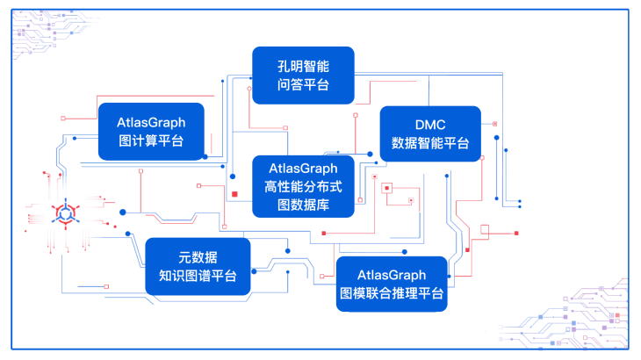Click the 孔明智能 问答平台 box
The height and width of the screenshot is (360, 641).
(303, 75)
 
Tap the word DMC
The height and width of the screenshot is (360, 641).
(430, 125)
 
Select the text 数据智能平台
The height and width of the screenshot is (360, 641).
(430, 143)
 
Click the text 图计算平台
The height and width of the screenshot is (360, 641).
(151, 141)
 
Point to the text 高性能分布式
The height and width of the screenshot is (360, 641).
(303, 186)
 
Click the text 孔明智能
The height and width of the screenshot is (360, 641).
(303, 65)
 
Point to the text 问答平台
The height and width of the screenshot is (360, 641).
(303, 84)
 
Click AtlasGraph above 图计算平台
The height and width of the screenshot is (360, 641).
(151, 122)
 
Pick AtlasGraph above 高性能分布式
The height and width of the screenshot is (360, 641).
(303, 167)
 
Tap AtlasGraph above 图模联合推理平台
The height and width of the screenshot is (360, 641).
(393, 276)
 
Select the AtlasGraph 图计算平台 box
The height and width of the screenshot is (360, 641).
(151, 132)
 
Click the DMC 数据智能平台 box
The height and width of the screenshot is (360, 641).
(430, 133)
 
